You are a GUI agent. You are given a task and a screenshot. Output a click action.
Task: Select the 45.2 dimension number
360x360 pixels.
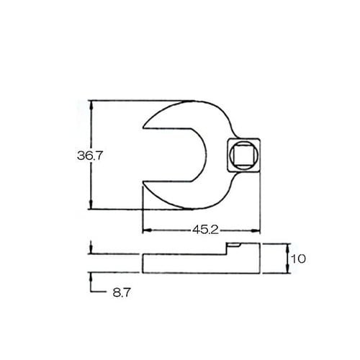pos(204,230)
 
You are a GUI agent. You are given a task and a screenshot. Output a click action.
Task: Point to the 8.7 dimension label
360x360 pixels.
pos(120,293)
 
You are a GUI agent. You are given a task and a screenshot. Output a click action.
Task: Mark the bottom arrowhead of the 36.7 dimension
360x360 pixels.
pos(91,206)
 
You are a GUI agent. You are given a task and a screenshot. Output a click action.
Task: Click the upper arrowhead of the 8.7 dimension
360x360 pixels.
pos(91,251)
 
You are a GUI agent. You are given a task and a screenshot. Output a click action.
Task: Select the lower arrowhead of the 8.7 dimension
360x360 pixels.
pos(91,276)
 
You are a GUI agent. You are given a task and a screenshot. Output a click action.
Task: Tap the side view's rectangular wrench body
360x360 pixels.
pos(194,264)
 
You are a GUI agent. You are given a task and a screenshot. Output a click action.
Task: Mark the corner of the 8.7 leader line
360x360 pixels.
pos(91,292)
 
